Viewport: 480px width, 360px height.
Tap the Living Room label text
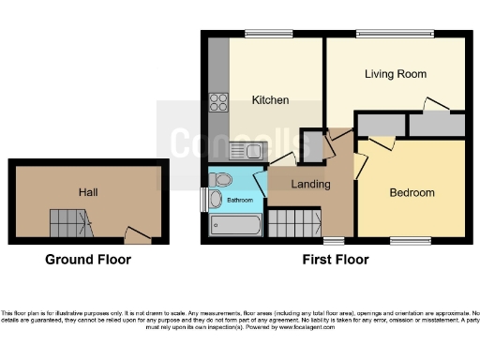tap(395, 74)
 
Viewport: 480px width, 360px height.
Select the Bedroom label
tap(412, 192)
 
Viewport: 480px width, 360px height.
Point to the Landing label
tap(309, 184)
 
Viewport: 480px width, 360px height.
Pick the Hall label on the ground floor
tap(88, 191)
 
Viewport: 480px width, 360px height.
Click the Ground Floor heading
tap(87, 260)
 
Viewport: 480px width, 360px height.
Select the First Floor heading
tap(335, 260)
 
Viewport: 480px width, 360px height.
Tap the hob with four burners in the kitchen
tap(218, 101)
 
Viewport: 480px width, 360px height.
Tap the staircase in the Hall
tap(71, 223)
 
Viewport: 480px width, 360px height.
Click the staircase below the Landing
tap(294, 224)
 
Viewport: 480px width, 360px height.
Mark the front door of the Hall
tap(137, 239)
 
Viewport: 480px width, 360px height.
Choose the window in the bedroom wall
tap(410, 242)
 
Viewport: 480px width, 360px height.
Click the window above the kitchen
tap(262, 34)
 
